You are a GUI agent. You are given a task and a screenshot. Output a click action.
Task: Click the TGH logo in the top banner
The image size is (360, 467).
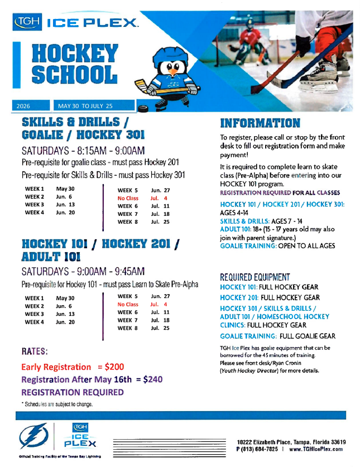27,23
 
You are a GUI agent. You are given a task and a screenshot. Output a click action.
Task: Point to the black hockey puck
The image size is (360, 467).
142,108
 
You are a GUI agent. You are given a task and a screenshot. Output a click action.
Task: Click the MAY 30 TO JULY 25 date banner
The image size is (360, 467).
84,105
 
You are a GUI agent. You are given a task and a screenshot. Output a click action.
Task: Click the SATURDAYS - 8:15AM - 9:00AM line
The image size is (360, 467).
83,151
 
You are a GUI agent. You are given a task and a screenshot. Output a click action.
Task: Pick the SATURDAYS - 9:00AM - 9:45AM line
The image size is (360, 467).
83,272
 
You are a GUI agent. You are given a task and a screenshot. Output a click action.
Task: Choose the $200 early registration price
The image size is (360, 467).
111,367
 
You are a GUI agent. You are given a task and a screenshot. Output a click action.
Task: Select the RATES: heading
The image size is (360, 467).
34,353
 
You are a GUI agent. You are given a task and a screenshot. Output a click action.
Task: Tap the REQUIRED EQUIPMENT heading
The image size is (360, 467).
255,277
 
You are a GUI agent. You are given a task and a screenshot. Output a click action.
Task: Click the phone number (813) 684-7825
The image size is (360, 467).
261,449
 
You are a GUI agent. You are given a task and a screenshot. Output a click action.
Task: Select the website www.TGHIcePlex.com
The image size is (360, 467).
316,449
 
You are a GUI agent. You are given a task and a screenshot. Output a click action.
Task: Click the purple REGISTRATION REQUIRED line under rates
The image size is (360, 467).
73,392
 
